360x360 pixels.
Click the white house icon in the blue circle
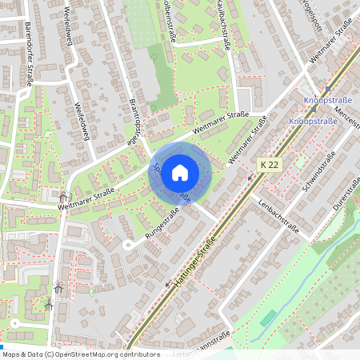[180, 172]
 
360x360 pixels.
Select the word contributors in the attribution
[137, 354]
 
